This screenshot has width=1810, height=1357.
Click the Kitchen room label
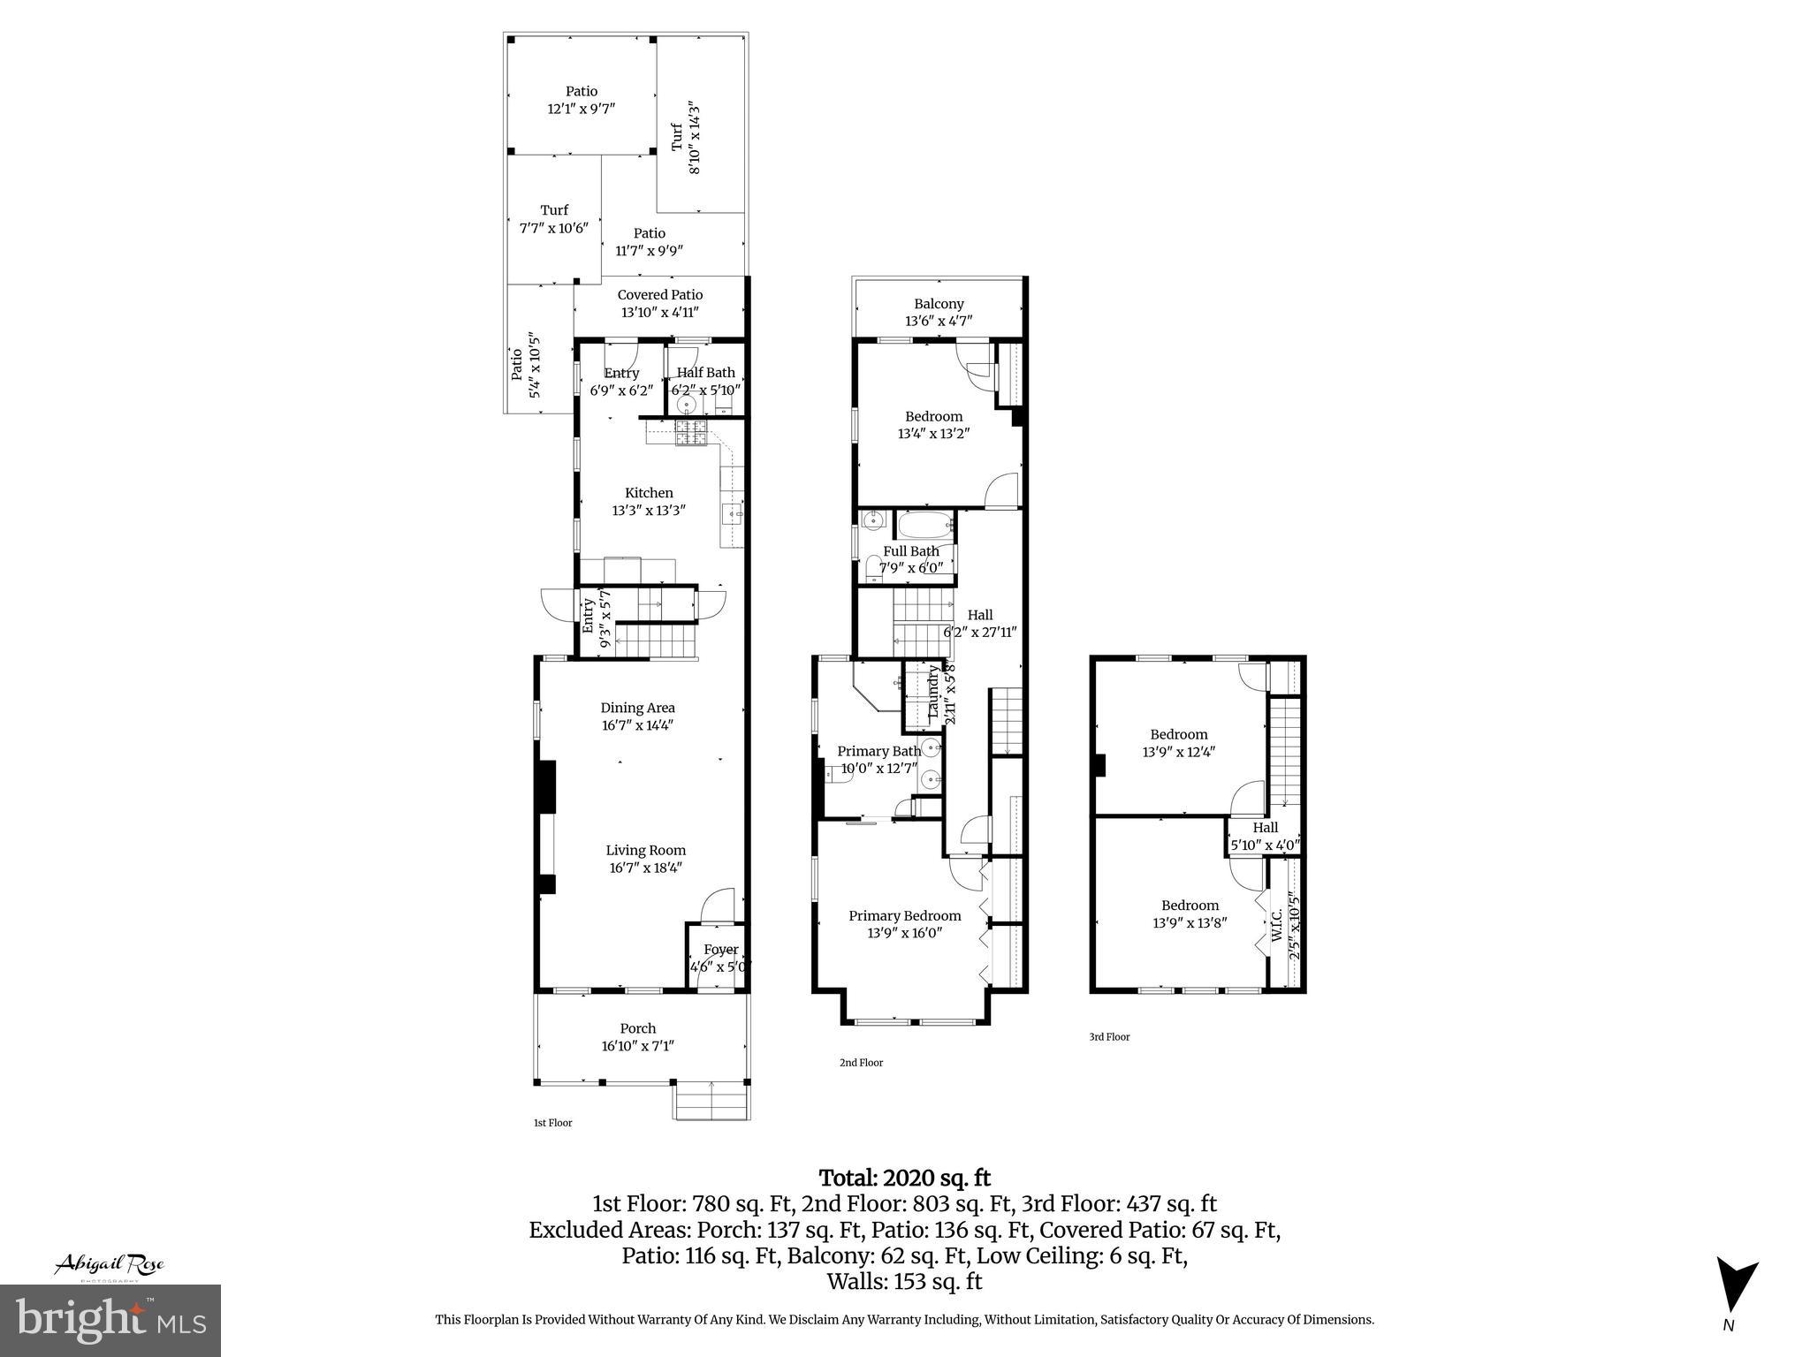[x=649, y=493]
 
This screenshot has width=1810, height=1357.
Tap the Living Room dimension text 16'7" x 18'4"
[x=645, y=868]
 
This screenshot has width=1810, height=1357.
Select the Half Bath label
[x=705, y=373]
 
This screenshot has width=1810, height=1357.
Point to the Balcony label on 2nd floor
[x=939, y=304]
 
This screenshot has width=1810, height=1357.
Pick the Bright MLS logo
[x=110, y=1320]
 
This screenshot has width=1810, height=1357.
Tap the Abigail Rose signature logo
[x=110, y=1265]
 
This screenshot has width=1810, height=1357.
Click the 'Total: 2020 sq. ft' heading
[x=904, y=1178]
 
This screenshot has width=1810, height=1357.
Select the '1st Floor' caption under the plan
[x=552, y=1123]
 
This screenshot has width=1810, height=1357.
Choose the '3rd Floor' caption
[x=1109, y=1037]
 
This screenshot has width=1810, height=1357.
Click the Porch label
[x=637, y=1028]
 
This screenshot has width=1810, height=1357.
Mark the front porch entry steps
[x=711, y=1101]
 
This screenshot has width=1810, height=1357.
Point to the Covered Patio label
[x=659, y=295]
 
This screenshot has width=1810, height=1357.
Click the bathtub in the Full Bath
[x=925, y=526]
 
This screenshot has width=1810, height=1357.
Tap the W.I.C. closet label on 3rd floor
[x=1277, y=923]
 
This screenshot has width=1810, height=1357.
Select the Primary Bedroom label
[x=904, y=915]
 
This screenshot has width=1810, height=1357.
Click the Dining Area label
[x=637, y=708]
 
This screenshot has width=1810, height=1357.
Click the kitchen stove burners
[x=689, y=433]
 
